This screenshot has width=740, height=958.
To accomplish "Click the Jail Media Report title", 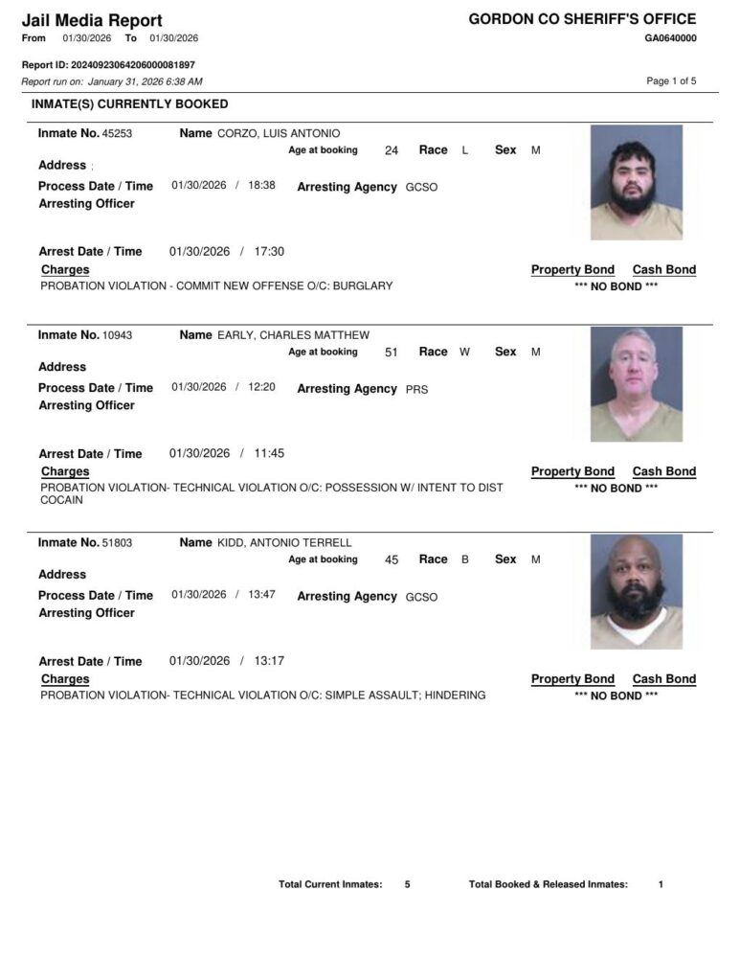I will click(x=92, y=20).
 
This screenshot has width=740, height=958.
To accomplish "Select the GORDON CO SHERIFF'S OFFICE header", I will click(x=582, y=19).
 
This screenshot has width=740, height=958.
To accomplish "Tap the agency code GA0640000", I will click(x=670, y=38).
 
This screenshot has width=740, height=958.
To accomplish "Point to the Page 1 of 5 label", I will click(x=671, y=80).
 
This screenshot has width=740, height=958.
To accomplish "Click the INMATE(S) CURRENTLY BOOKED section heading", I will click(x=130, y=103).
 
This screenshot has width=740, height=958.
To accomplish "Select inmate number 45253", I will click(x=117, y=134).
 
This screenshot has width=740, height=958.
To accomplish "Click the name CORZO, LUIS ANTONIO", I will click(x=279, y=134).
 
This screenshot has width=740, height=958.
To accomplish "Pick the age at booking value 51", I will click(x=391, y=353).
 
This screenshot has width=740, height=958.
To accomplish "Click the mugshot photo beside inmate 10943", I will click(x=637, y=384).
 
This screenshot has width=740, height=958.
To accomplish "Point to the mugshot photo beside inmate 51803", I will click(x=637, y=591).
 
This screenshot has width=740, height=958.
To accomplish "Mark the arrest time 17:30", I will click(x=269, y=252).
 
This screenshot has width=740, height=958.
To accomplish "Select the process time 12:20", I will click(x=261, y=387).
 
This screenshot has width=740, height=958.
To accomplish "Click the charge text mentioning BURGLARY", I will click(x=216, y=285).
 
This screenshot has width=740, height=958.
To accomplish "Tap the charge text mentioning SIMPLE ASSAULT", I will click(x=262, y=696).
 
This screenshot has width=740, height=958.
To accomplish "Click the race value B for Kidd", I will click(x=465, y=559).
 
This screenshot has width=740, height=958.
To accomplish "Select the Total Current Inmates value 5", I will click(x=407, y=884).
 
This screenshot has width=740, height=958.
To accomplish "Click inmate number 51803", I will click(x=117, y=543).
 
